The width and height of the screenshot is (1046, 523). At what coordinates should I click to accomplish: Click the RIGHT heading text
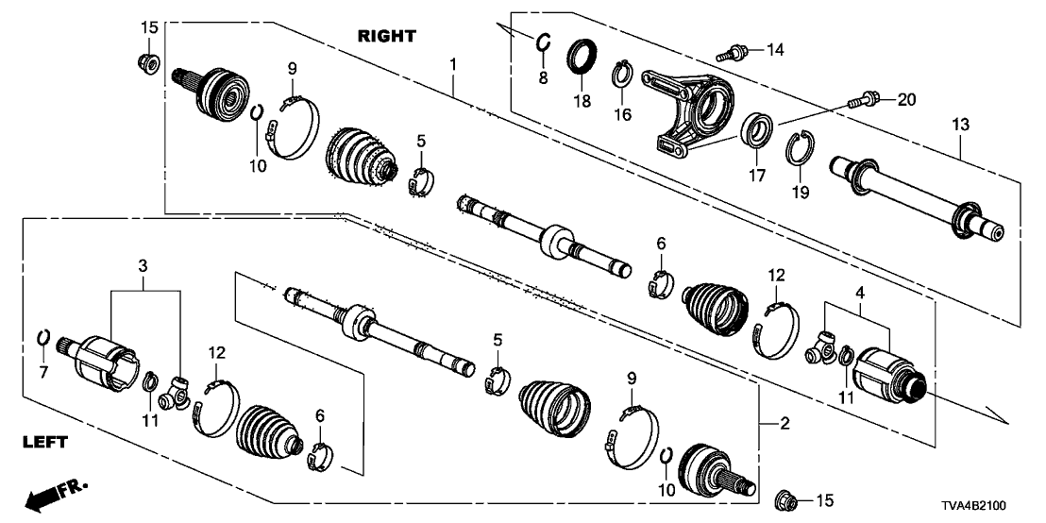click(386, 36)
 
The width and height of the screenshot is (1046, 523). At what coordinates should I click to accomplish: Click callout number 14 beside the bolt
click(775, 47)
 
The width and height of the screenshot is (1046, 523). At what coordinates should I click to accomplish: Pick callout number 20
click(906, 98)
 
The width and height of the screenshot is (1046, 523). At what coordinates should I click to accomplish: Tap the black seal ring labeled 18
click(580, 56)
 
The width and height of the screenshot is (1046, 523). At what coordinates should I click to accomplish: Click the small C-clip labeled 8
click(543, 42)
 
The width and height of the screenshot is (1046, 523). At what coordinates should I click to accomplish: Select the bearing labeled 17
click(756, 129)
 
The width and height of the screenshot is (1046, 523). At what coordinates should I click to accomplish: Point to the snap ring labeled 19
click(799, 149)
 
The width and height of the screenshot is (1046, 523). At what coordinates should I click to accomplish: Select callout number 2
click(784, 422)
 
